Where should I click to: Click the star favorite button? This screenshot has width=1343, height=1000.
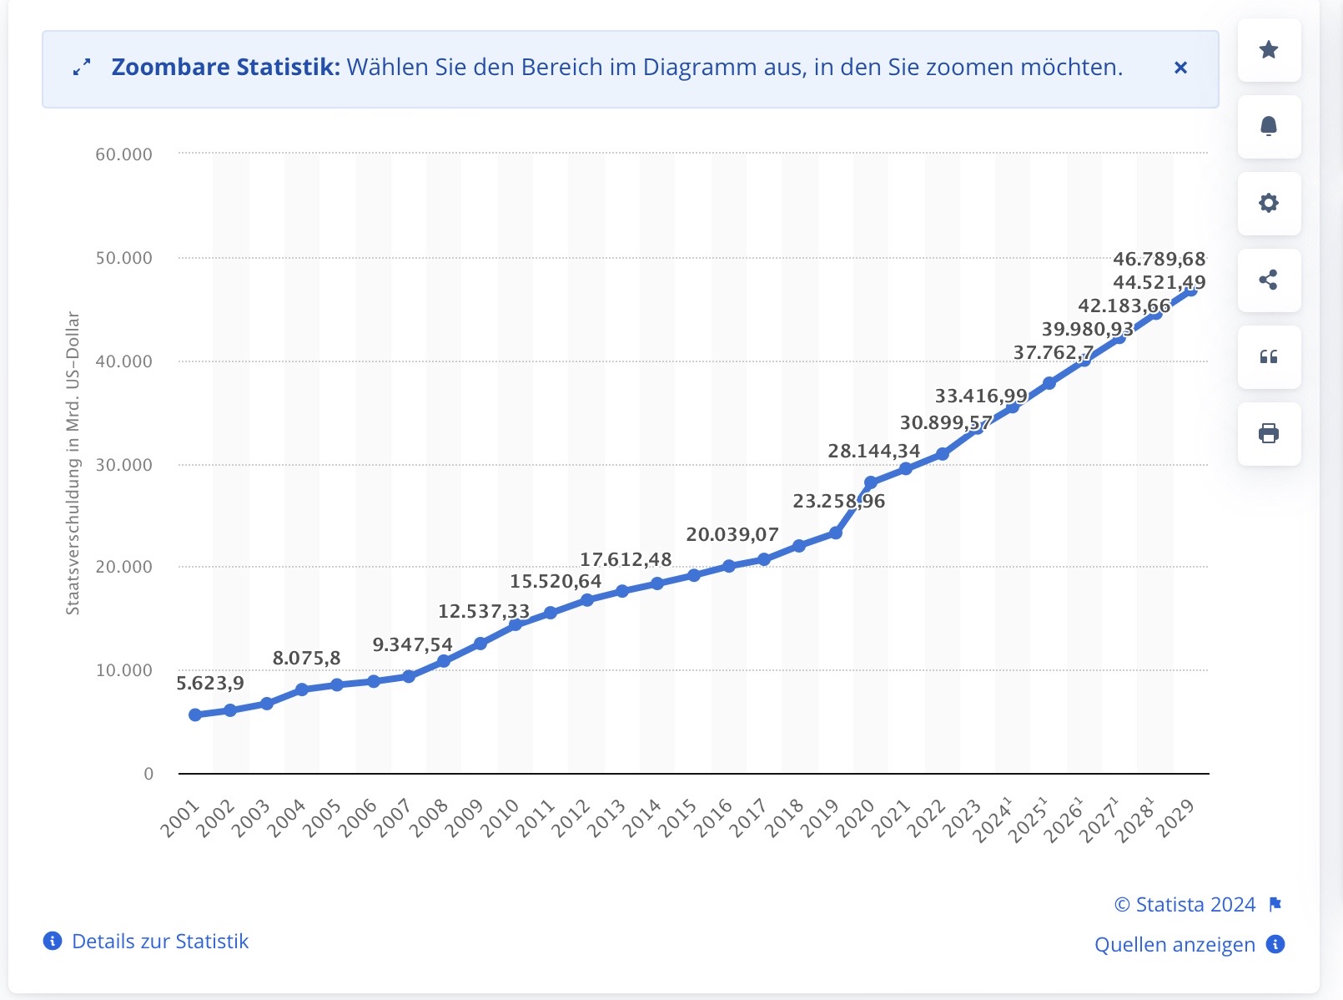[1269, 50]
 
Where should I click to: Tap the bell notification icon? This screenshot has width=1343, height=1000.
[1269, 127]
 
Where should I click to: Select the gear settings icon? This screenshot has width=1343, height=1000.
[1269, 204]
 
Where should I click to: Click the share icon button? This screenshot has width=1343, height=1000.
[1269, 280]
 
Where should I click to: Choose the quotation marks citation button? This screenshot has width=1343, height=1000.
[1269, 357]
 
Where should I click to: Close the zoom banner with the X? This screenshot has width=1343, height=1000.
[1180, 68]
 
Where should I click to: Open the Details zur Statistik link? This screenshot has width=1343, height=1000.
[160, 942]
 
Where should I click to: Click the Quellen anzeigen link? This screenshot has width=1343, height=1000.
[1174, 945]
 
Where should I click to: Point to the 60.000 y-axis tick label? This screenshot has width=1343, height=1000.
[123, 154]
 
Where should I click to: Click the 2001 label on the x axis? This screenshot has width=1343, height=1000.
[181, 818]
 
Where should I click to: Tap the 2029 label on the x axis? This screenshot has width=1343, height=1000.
[1179, 818]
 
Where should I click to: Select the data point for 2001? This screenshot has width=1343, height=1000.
[195, 715]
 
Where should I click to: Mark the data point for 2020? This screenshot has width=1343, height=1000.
[871, 482]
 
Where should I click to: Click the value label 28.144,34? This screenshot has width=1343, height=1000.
[873, 451]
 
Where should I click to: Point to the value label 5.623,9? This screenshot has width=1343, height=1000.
[210, 683]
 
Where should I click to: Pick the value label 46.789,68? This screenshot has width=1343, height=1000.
[1159, 259]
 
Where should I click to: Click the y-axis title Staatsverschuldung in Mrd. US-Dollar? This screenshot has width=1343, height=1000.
[73, 463]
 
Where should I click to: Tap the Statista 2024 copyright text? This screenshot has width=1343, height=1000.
[1185, 905]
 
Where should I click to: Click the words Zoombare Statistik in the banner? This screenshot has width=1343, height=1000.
[226, 68]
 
